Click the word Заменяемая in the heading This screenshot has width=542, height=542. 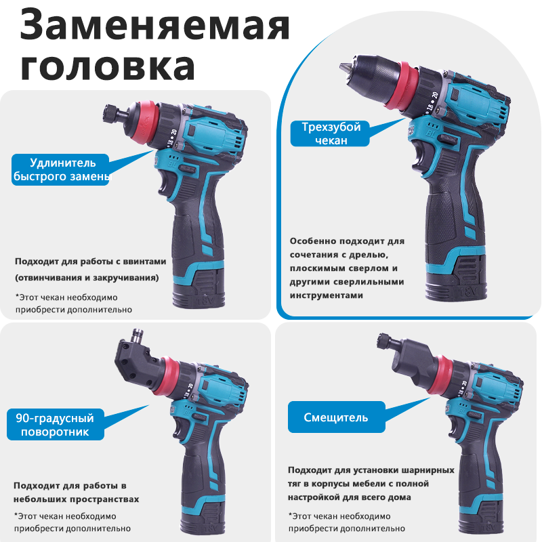pyautogui.click(x=154, y=25)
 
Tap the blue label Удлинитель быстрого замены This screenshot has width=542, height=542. pyautogui.click(x=60, y=170)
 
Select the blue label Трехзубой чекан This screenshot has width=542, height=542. pyautogui.click(x=331, y=133)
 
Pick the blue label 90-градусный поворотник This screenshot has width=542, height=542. pyautogui.click(x=56, y=425)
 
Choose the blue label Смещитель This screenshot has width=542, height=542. pyautogui.click(x=336, y=417)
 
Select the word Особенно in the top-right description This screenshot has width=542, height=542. pyautogui.click(x=312, y=241)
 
